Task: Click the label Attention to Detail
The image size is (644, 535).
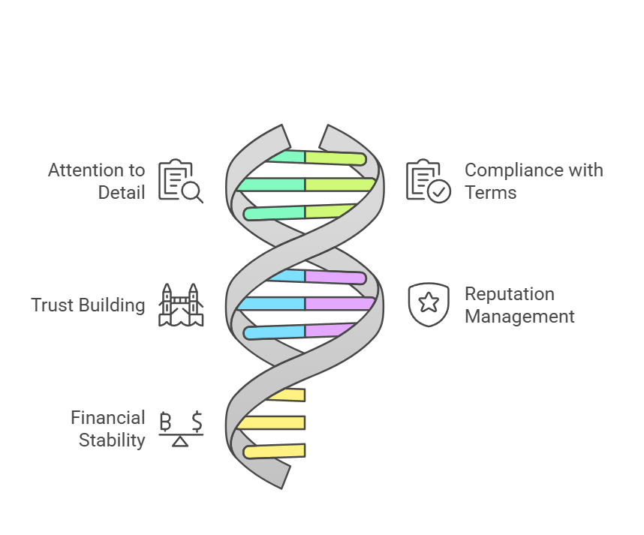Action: point(97,181)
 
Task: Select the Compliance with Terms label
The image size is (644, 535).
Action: point(534,181)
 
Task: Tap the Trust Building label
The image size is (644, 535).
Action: point(88,305)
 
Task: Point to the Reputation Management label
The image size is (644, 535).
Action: point(519,305)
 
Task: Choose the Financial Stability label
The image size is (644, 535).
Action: point(108,428)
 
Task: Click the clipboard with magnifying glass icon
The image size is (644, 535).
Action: point(180,181)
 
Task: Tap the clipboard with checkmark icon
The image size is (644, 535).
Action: point(428,181)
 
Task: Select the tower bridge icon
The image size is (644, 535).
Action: point(181,305)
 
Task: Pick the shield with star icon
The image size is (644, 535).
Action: point(429,304)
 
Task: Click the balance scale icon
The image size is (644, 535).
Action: point(181,428)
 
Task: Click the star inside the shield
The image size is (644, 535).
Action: point(429,302)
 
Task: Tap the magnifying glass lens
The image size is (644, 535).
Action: point(191,191)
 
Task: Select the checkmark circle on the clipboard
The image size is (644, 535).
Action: point(438,192)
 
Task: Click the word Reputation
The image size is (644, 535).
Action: point(509,293)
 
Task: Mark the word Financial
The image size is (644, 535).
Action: point(108,417)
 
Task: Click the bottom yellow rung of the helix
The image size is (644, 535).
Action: point(275,451)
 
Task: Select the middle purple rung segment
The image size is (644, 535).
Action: point(339,303)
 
